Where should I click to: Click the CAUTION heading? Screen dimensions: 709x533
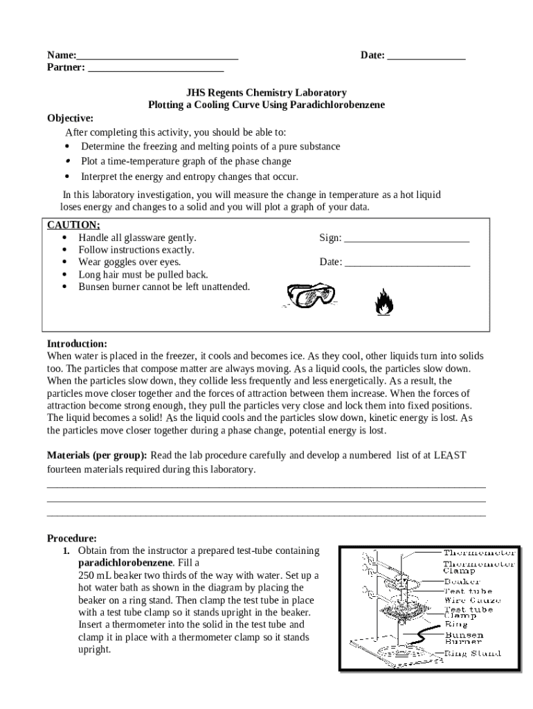[x=73, y=225]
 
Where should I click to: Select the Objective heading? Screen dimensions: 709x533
[x=70, y=118]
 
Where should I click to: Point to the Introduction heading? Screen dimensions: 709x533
[x=77, y=343]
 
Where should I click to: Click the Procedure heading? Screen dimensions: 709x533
[x=71, y=538]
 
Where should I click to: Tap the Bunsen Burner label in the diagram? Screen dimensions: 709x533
[x=464, y=638]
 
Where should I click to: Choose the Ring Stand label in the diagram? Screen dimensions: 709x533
[x=472, y=653]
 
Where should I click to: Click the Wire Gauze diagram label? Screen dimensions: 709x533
[x=468, y=600]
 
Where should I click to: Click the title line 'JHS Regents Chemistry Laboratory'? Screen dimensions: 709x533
[x=266, y=92]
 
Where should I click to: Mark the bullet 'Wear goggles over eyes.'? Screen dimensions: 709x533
[x=129, y=262]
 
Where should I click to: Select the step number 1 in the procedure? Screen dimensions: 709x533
[x=66, y=551]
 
